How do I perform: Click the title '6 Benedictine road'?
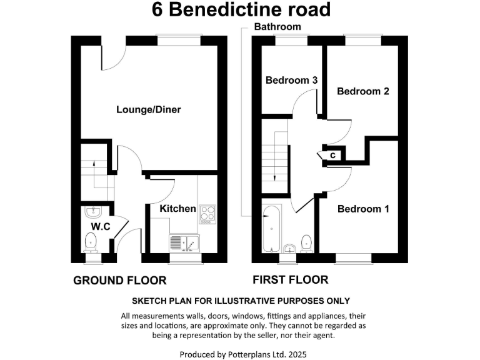click(x=241, y=10)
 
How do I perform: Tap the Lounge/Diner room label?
click(x=148, y=110)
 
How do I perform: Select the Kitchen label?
click(x=177, y=208)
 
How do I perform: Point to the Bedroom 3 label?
click(x=291, y=81)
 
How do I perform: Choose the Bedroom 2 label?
click(x=362, y=91)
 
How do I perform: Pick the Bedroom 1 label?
click(x=363, y=209)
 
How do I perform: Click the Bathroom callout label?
click(x=277, y=27)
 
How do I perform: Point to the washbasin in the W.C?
click(x=92, y=211)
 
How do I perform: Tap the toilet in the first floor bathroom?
click(x=307, y=241)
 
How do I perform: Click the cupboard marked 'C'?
click(x=333, y=154)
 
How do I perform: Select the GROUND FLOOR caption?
click(x=120, y=280)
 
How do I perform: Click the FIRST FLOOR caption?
click(x=290, y=279)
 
